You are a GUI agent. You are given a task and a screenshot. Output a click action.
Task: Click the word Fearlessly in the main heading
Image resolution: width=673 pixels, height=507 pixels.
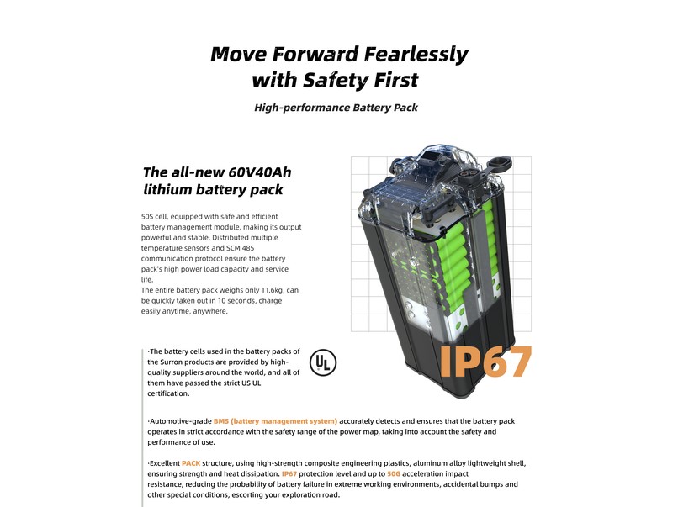[416, 55]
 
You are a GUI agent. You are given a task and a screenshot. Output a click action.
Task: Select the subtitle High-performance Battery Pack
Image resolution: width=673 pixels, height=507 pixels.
[336, 108]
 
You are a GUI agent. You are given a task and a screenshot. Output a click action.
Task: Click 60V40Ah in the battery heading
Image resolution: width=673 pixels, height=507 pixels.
[260, 172]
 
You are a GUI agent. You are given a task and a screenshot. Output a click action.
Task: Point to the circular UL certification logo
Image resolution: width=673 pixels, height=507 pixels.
[323, 363]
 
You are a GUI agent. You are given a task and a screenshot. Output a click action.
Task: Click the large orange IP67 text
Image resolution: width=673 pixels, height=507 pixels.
[485, 362]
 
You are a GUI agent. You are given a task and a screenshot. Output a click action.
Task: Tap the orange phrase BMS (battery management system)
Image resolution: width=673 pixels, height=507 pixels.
[275, 421]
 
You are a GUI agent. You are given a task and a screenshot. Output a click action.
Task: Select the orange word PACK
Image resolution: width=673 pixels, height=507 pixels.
[191, 463]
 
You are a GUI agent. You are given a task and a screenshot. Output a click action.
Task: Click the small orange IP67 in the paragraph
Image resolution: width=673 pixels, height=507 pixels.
[289, 474]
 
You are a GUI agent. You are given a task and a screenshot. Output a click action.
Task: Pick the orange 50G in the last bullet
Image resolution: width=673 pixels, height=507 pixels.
[394, 474]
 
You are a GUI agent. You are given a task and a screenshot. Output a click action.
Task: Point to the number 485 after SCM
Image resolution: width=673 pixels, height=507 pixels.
[247, 248]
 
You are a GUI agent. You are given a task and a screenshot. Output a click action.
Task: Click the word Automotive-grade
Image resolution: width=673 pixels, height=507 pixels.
[181, 421]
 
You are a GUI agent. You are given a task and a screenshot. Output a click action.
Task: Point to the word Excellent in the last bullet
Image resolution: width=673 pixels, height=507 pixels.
[165, 463]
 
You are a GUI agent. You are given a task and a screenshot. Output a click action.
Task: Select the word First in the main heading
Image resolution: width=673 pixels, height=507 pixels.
[395, 80]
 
